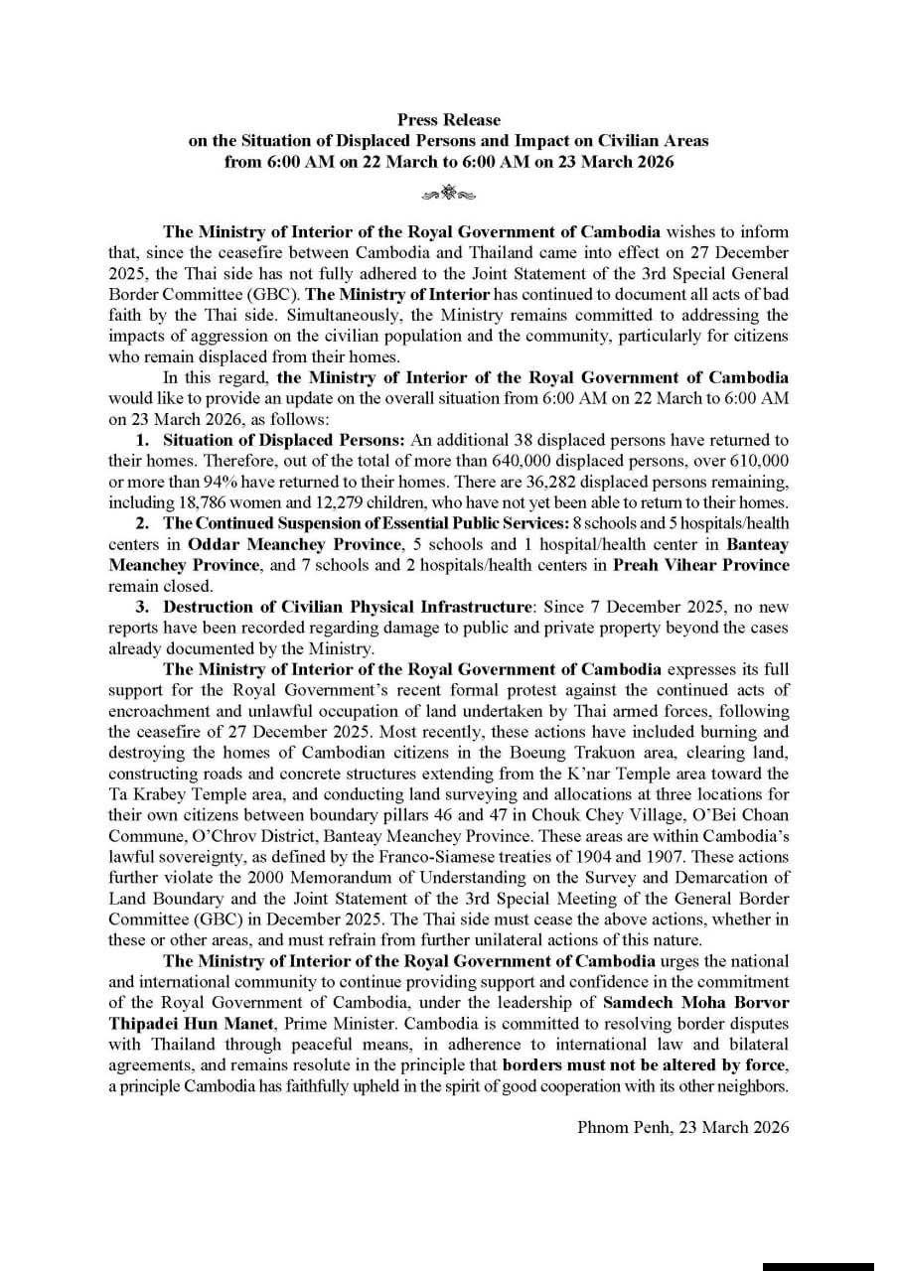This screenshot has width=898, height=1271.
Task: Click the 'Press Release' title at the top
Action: tap(449, 120)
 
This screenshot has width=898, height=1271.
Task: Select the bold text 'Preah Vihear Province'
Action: tap(710, 565)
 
